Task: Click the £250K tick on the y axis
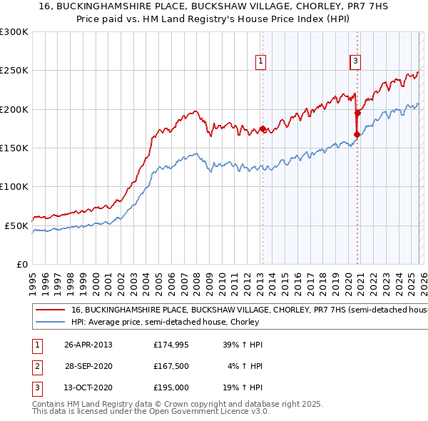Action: click(x=15, y=71)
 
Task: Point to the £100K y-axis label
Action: click(x=15, y=187)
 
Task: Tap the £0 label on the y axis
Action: click(x=22, y=264)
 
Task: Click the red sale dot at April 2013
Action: click(x=263, y=128)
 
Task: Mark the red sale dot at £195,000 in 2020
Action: click(x=358, y=113)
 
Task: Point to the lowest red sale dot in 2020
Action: click(x=357, y=134)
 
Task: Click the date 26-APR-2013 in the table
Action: click(x=88, y=345)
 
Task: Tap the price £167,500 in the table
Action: click(x=170, y=367)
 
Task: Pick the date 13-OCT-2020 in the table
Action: click(x=88, y=389)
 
